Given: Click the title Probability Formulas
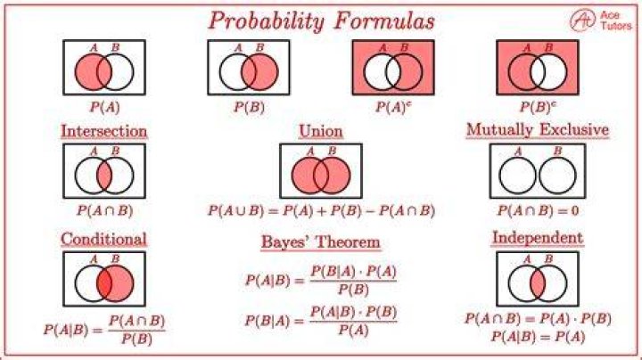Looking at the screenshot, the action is point(321,20).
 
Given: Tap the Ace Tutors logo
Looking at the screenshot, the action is point(601,20).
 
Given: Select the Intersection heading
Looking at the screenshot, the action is point(104,131).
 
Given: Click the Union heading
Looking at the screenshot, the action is point(321,131).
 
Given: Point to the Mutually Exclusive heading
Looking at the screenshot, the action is point(538,130).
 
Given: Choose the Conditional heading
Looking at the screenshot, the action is point(103,240).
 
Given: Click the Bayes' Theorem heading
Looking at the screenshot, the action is point(321,241).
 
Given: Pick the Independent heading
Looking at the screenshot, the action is point(538,238).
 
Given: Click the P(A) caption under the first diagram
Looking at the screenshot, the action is point(104,107).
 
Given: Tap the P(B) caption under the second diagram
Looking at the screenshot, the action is point(249,107).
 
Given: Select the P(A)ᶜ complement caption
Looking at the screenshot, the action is point(393,107).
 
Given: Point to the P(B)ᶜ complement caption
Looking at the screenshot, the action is point(538,107).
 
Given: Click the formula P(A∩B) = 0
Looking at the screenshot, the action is point(538,210).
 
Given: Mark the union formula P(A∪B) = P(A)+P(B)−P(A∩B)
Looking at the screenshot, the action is point(321,210).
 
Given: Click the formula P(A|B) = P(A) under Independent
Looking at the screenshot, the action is point(538,337).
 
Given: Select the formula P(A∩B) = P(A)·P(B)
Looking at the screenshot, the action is point(538,318).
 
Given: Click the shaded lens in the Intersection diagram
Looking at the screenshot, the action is point(104,176).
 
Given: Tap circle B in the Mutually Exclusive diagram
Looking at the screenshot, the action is point(557,176).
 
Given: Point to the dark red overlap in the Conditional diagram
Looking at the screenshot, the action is point(104,283).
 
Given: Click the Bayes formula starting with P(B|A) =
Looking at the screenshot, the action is point(321,321).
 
